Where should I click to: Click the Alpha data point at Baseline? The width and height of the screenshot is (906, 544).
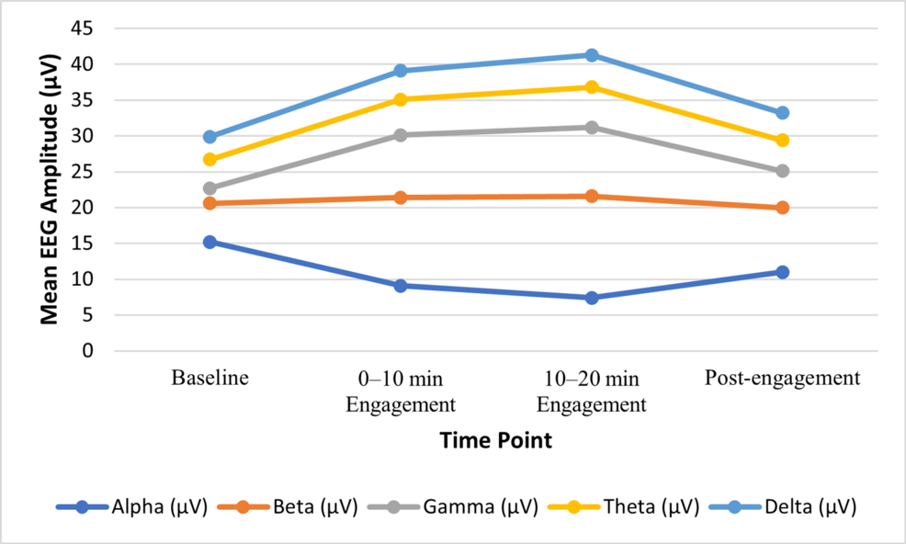[210, 242]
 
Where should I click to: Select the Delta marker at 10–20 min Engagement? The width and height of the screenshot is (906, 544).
[592, 55]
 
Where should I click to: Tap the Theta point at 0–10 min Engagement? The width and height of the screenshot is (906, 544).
[401, 99]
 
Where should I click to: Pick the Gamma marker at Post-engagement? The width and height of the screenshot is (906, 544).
[782, 171]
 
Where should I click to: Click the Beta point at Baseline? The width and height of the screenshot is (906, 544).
[210, 203]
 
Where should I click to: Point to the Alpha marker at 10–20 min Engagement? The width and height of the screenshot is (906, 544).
[592, 298]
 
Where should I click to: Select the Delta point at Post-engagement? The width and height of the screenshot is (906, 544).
[782, 113]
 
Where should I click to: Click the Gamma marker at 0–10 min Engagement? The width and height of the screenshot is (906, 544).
[401, 135]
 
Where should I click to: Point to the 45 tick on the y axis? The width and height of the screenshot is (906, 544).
[83, 28]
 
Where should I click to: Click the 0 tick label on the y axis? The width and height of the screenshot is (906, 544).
[88, 351]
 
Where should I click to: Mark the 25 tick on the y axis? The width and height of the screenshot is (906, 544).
[83, 172]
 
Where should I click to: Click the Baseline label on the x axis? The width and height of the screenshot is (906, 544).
[210, 378]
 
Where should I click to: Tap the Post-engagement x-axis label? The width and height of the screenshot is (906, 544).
[782, 378]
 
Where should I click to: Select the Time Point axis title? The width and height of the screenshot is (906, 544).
[495, 441]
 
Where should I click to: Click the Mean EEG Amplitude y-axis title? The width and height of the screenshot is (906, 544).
[51, 188]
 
